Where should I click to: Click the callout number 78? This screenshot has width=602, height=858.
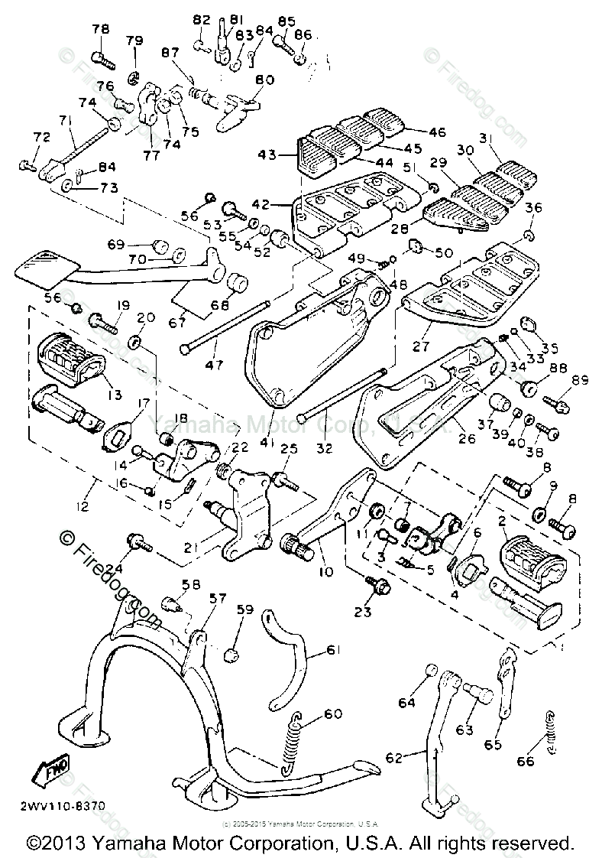click(x=101, y=29)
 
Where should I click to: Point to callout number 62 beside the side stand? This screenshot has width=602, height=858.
click(x=393, y=758)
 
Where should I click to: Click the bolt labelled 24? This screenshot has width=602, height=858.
click(x=141, y=543)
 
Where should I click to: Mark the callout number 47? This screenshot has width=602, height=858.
click(x=214, y=365)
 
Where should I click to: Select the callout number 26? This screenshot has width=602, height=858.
click(x=466, y=439)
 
